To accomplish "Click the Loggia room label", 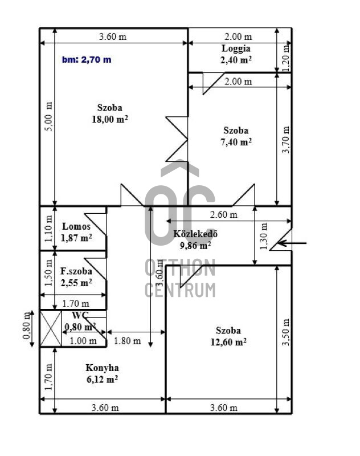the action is point(236,48).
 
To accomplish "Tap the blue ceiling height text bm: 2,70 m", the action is point(87,60).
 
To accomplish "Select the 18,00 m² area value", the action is point(110,119).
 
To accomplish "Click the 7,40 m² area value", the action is point(236,142).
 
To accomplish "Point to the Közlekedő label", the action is point(195,234).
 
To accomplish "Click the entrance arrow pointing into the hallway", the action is point(292,243).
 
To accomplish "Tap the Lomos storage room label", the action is point(76,226).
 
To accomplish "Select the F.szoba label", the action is point(76,271).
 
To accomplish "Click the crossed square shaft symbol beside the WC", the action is point(51,329).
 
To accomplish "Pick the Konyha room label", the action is point(102,368).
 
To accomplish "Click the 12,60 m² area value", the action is point(228,342).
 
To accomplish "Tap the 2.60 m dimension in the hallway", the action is point(223,215).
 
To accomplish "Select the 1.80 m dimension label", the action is point(127,341).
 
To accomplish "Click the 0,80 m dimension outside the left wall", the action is point(27,325).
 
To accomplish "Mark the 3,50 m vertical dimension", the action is point(286,332).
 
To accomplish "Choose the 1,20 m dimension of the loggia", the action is point(286,58).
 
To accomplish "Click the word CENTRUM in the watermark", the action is point(180,290).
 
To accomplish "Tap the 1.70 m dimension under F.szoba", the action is point(76,304).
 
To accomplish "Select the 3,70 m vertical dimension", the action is point(286,140).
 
